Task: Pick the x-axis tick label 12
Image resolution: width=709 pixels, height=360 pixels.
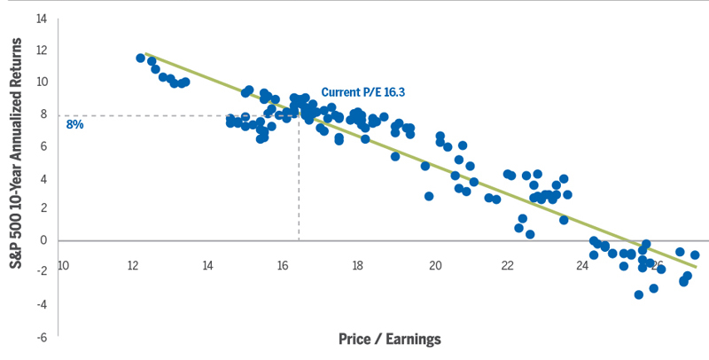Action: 133,264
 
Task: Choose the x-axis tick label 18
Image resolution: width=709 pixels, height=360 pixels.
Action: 357,264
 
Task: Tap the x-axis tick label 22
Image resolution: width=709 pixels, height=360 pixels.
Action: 508,264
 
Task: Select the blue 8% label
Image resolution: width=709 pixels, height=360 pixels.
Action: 74,125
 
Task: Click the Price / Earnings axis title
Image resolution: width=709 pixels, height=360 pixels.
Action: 390,339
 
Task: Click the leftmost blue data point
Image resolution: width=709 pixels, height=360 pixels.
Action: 140,59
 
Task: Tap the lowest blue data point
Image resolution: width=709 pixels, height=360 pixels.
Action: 638,294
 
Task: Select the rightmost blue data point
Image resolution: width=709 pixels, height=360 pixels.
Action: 695,255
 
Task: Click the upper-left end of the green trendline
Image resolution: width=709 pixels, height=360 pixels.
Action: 145,54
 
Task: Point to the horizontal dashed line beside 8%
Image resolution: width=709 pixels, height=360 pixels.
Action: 177,115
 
